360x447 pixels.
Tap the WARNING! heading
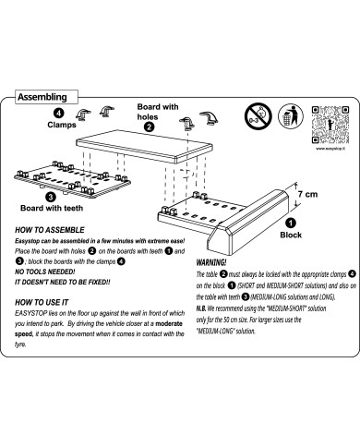pos(213,261)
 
